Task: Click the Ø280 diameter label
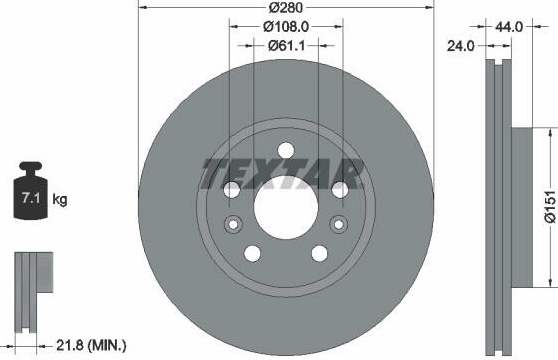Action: click(x=286, y=7)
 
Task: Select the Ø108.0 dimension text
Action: click(x=286, y=27)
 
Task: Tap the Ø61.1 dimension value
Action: click(x=286, y=46)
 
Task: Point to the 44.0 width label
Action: click(x=509, y=27)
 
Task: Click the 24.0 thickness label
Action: click(x=460, y=46)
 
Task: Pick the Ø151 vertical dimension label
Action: click(x=550, y=207)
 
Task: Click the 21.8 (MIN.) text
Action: click(x=91, y=345)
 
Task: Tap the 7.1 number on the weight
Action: click(x=31, y=197)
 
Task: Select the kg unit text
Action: click(x=59, y=200)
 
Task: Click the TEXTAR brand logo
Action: click(x=282, y=174)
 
